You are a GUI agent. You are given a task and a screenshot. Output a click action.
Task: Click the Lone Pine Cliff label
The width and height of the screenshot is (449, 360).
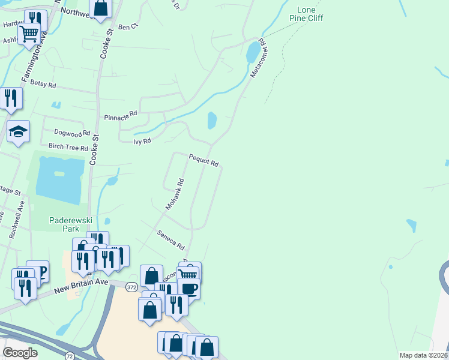(x=310, y=14)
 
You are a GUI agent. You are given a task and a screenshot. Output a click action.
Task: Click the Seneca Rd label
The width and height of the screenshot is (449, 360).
(x=170, y=239)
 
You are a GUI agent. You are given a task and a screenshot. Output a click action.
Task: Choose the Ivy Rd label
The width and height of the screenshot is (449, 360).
(x=142, y=141)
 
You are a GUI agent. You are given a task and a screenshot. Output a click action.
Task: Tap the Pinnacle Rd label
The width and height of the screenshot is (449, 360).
(x=121, y=116)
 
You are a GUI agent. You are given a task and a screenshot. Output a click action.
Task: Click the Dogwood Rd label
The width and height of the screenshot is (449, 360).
(x=72, y=133)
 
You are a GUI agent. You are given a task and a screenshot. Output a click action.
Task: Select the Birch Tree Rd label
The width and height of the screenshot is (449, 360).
(x=68, y=147)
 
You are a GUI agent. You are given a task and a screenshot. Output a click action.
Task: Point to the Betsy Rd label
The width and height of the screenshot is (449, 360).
(x=43, y=83)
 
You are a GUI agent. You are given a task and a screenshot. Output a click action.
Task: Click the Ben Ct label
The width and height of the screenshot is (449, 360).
(x=128, y=27)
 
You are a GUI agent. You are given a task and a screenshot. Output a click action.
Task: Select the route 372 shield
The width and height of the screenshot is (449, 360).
(x=133, y=288)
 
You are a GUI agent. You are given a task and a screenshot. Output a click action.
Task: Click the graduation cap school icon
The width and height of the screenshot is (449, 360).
(x=18, y=131)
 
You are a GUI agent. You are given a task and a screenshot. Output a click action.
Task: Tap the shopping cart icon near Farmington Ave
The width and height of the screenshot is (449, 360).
(x=29, y=32)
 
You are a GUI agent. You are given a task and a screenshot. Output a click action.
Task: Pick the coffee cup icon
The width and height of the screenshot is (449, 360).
(x=189, y=287)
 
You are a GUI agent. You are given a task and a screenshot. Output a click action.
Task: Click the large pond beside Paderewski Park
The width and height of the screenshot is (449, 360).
(x=58, y=180)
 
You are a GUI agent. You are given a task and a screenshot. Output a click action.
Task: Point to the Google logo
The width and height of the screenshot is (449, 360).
(x=20, y=353)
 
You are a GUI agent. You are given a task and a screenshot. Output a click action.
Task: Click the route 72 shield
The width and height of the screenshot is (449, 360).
(x=70, y=356)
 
